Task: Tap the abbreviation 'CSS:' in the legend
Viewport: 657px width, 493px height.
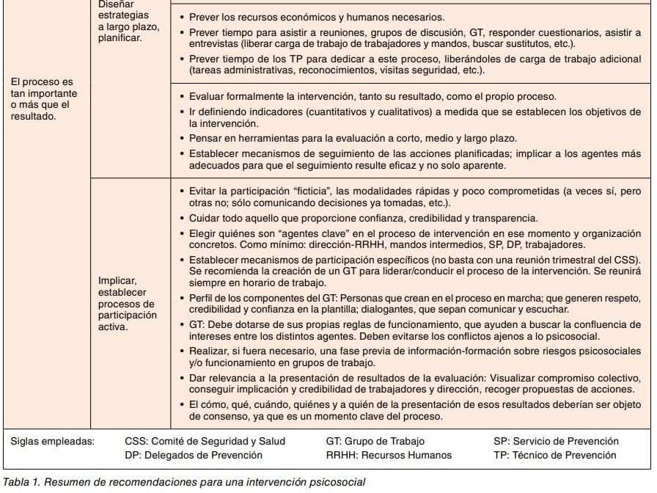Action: pos(136,441)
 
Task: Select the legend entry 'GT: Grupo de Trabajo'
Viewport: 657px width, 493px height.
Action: pos(375,441)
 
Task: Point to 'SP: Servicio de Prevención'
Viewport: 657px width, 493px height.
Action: pos(556,441)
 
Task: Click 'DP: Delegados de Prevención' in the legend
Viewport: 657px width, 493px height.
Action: pos(194,455)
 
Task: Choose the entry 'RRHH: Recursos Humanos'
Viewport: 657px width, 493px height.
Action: pos(389,455)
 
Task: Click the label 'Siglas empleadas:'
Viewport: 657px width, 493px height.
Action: pos(53,441)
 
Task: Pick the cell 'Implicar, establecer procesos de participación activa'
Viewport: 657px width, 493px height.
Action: pos(128,303)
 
